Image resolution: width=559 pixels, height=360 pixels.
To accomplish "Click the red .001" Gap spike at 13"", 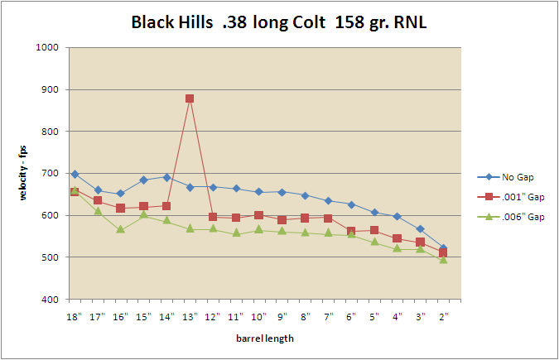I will tap(190, 98).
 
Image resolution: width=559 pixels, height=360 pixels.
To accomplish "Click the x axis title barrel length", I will tap(258, 338).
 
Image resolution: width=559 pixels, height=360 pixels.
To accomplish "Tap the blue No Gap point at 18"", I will tap(75, 175).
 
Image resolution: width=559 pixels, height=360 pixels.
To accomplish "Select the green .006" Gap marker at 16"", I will tap(121, 229).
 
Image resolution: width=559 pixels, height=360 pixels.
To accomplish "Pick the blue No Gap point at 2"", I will tap(443, 248).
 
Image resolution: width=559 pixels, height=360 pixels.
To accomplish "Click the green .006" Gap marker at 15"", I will tap(144, 214).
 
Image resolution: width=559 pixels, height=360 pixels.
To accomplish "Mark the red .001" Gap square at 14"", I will tap(166, 206).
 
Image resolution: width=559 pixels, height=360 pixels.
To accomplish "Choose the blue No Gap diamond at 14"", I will tap(166, 177).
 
